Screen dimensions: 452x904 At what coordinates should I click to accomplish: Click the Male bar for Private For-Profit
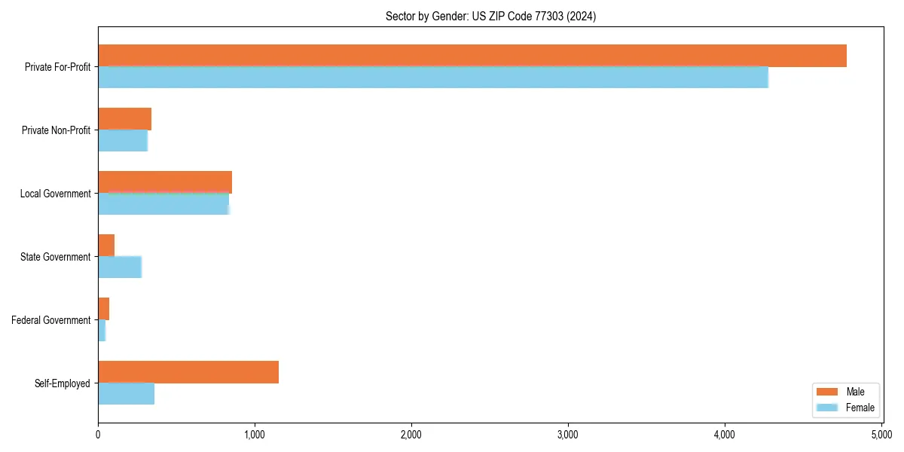(472, 56)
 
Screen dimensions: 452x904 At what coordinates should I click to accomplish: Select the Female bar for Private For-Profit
(433, 78)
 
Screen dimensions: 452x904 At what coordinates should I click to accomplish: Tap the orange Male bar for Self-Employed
(188, 372)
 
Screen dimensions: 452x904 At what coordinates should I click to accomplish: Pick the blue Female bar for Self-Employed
(126, 394)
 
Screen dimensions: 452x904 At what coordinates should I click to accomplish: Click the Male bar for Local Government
(165, 182)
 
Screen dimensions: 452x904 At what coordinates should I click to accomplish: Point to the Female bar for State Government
(120, 267)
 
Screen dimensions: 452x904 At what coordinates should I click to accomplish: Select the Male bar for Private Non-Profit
(124, 119)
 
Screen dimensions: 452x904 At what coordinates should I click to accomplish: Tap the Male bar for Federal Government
(104, 309)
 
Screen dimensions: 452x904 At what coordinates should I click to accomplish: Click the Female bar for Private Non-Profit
(123, 141)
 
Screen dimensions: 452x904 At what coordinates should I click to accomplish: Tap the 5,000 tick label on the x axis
(881, 435)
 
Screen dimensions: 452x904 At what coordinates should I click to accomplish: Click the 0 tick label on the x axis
(98, 435)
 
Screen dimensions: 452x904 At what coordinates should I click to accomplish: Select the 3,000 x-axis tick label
(568, 435)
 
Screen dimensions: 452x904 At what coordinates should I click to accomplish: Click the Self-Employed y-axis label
(63, 383)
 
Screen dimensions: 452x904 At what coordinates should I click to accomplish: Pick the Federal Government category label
(51, 320)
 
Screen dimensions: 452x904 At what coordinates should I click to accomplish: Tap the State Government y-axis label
(55, 257)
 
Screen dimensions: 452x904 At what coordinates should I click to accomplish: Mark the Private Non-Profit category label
(56, 130)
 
